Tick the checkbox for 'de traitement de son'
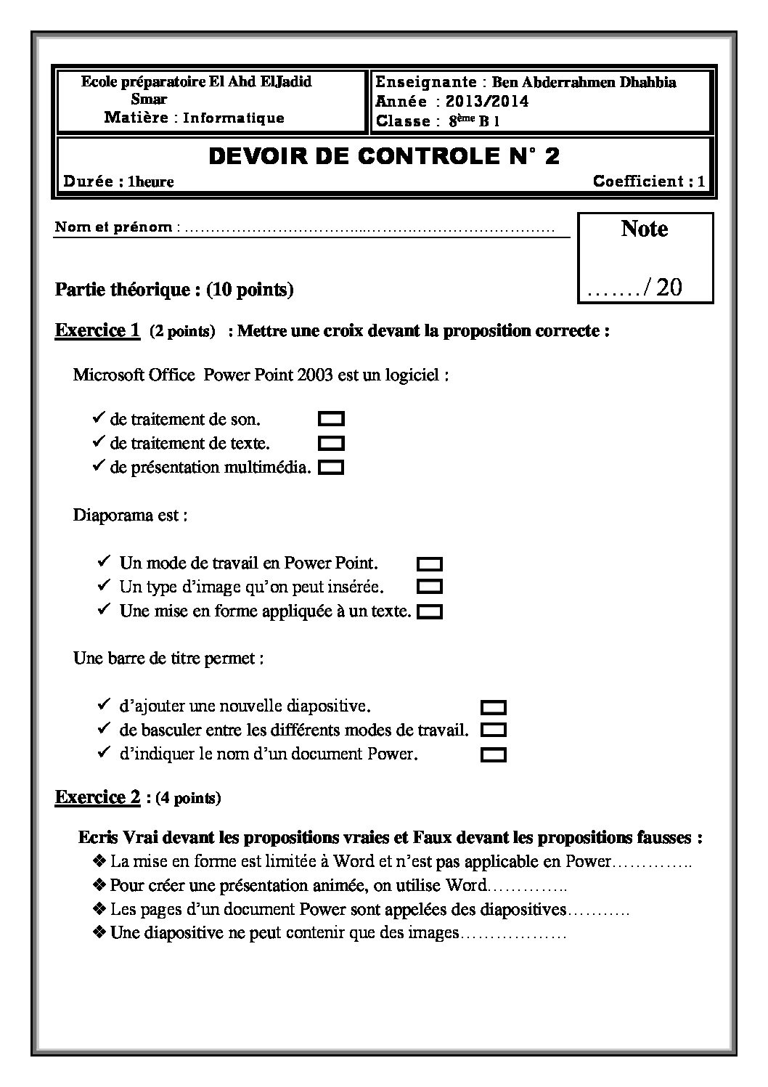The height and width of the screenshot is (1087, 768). point(331,419)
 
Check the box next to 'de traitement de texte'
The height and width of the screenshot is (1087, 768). point(331,443)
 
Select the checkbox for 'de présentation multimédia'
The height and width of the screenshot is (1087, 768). point(331,468)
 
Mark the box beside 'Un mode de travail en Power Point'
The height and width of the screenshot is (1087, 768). point(430,563)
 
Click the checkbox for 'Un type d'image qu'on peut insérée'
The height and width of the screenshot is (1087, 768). point(430,586)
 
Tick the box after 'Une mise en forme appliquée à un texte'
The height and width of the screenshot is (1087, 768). point(430,611)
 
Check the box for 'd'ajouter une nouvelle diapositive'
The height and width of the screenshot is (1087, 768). point(494,707)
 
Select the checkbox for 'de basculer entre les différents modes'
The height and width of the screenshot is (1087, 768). point(494,730)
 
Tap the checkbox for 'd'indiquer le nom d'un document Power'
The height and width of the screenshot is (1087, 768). point(494,755)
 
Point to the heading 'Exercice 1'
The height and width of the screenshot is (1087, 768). point(97,330)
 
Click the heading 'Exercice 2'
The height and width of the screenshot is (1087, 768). point(97,797)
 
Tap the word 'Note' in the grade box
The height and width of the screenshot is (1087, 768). point(645,229)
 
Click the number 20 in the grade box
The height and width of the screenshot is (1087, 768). point(669,288)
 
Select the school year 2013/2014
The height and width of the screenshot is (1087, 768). point(487,102)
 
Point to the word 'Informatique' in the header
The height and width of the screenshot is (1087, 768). point(234,118)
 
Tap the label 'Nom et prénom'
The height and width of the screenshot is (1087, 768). point(114,227)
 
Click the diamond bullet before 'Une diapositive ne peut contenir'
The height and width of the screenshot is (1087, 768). point(99,932)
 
